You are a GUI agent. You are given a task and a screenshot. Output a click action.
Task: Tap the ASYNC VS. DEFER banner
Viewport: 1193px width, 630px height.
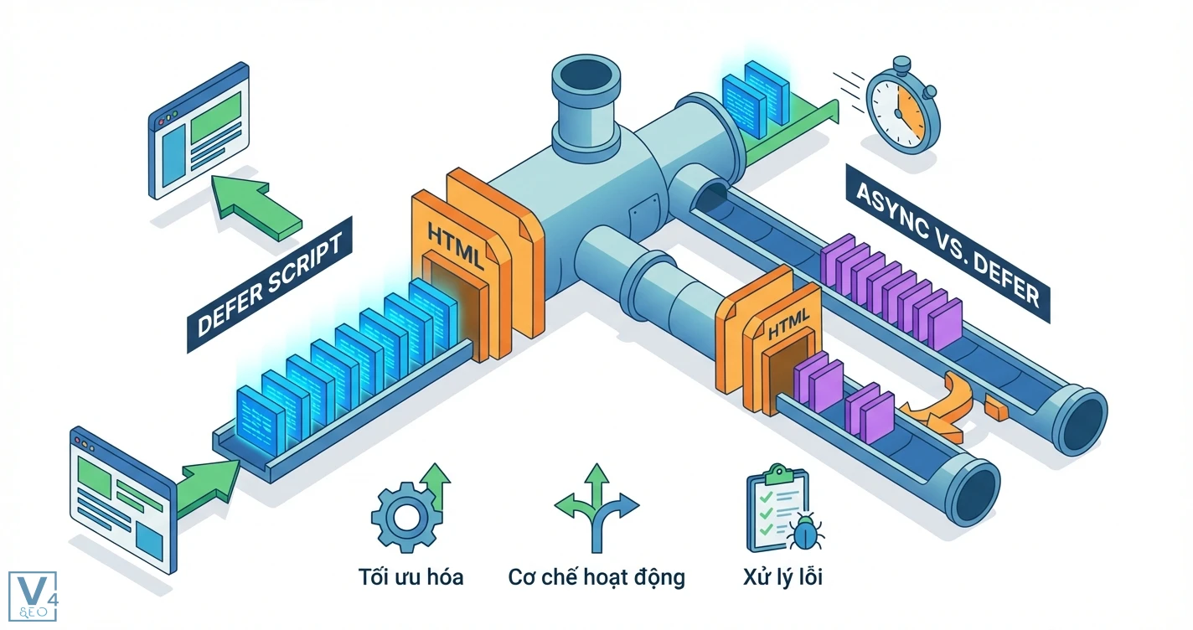pos(947,243)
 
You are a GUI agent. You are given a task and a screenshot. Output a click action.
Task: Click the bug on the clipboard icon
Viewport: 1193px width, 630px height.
pos(805,533)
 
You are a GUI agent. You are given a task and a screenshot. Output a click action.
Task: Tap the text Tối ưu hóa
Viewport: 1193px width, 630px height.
pos(410,577)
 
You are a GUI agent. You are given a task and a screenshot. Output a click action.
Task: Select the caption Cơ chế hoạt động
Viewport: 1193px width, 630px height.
pos(596,577)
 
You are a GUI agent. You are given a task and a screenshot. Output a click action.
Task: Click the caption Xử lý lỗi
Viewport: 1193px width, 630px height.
pos(782,577)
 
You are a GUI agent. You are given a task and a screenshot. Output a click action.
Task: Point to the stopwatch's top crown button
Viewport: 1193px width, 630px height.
pos(901,64)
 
